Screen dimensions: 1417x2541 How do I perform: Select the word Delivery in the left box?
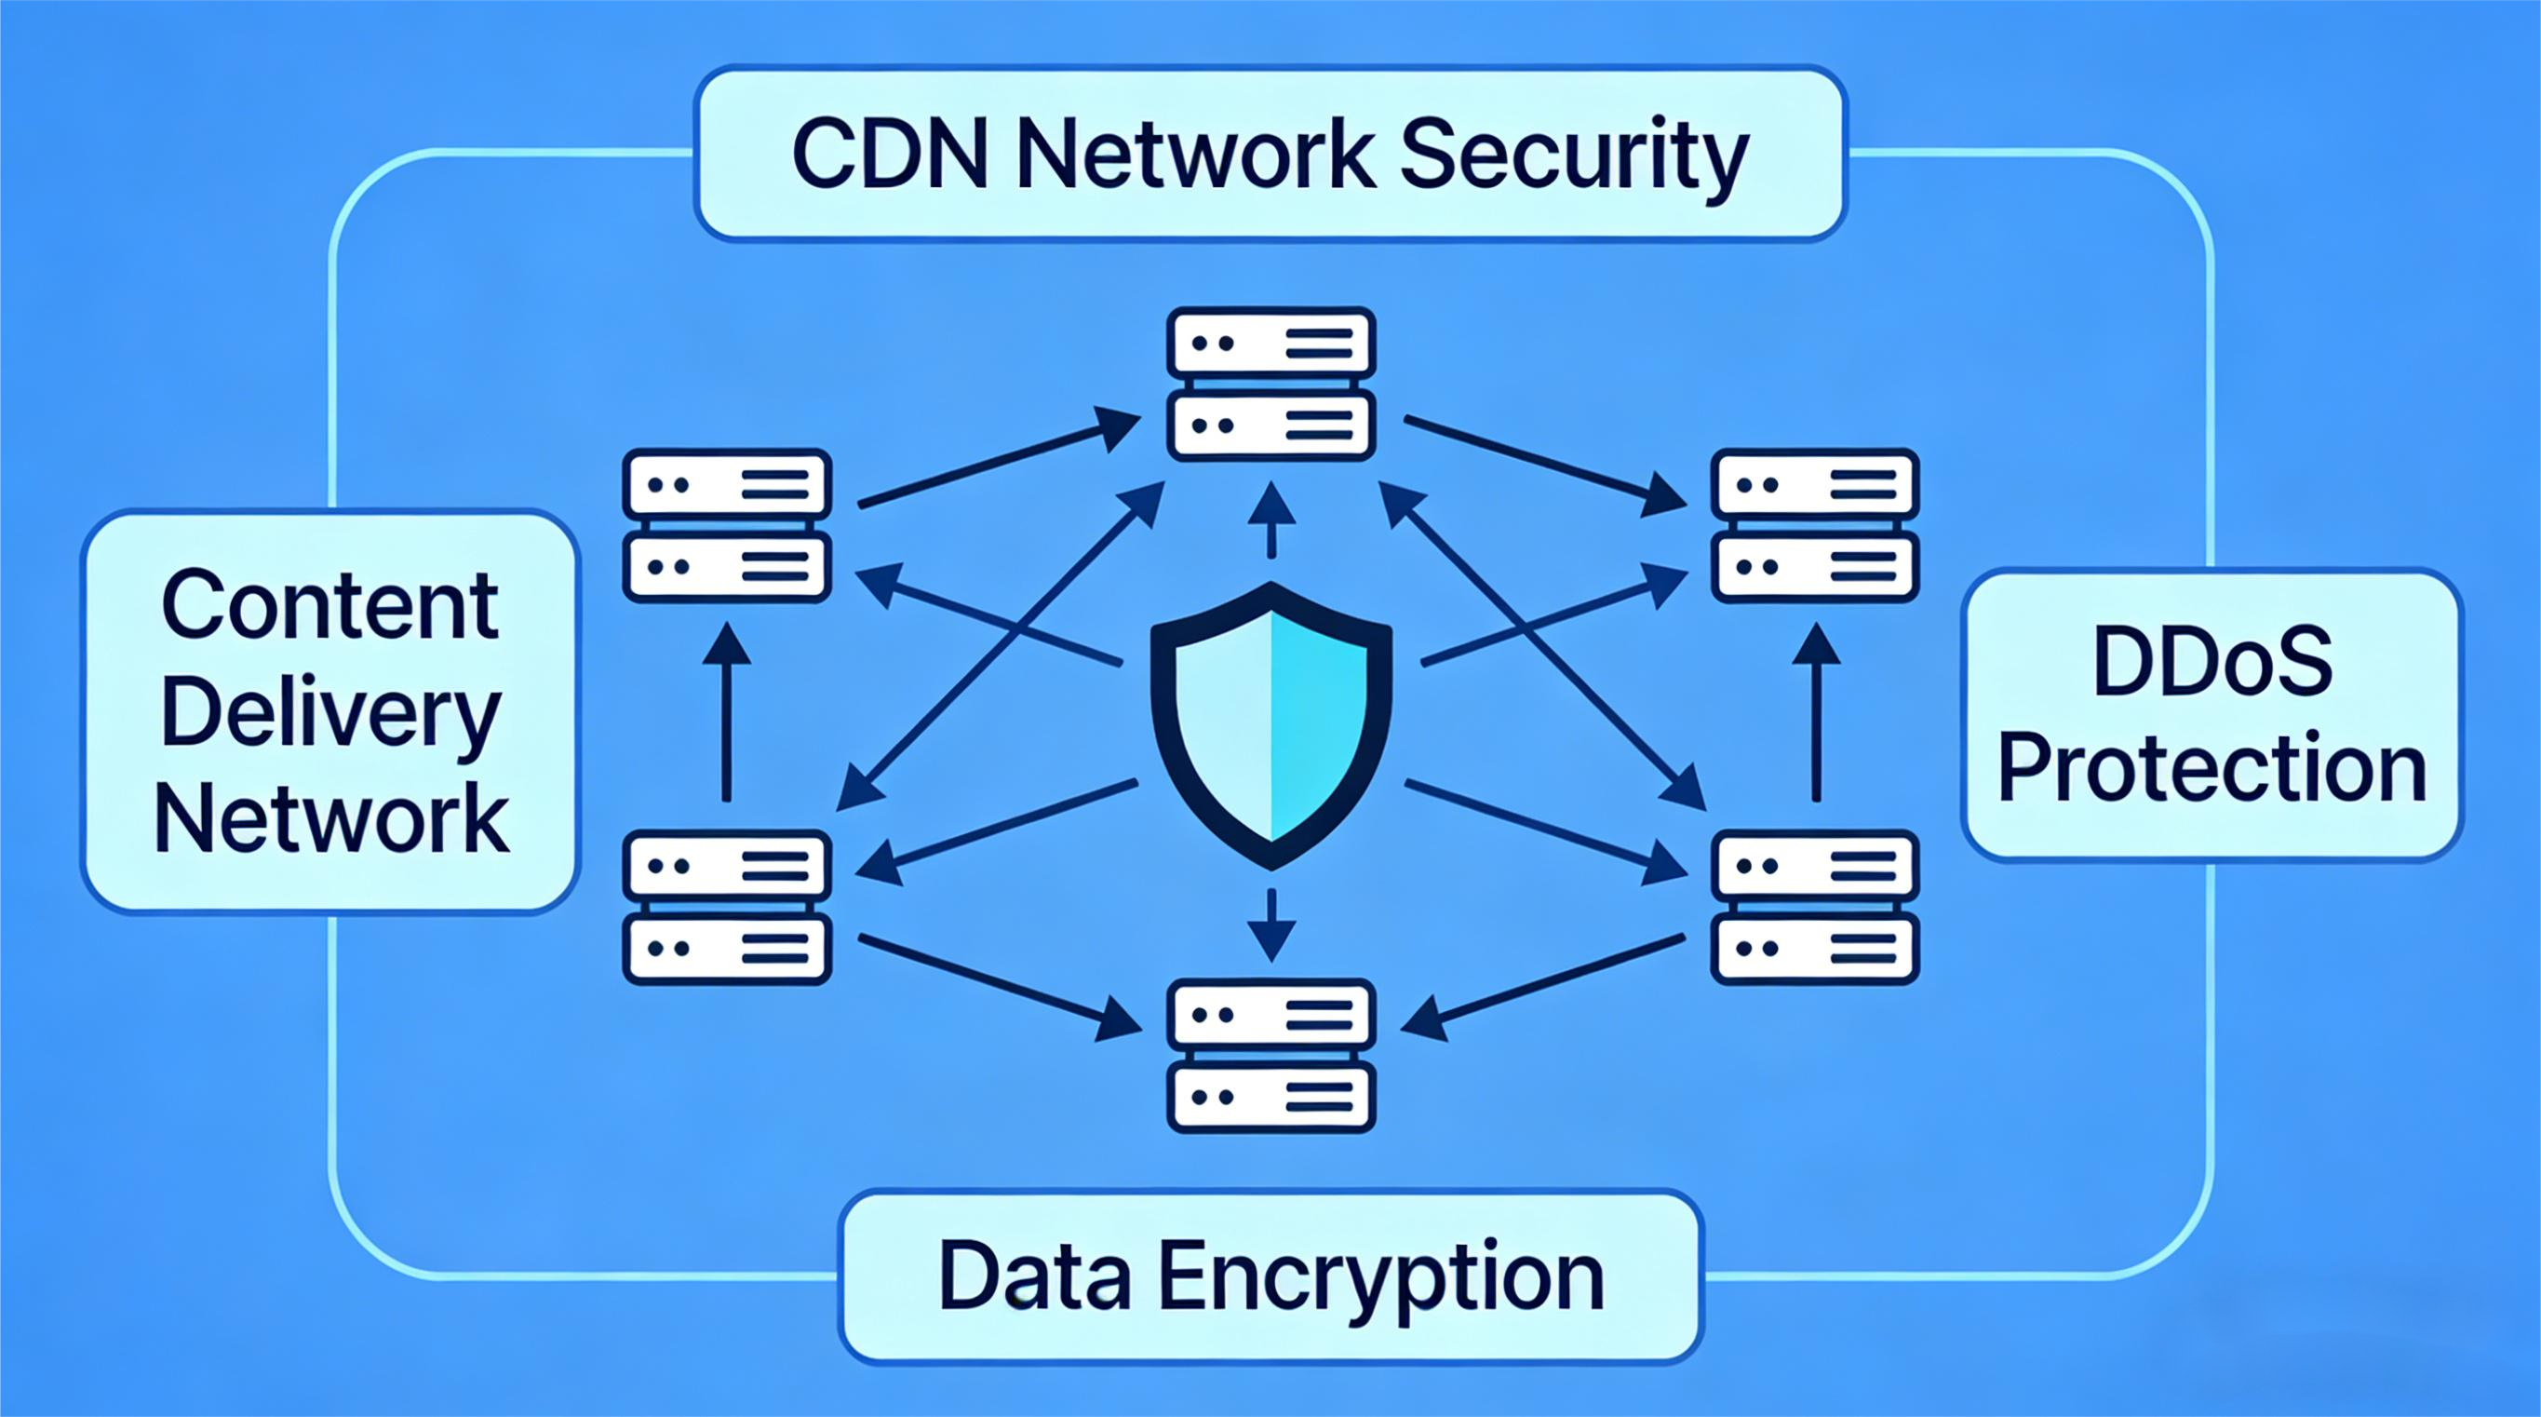coord(330,715)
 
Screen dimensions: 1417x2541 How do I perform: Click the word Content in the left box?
coord(330,605)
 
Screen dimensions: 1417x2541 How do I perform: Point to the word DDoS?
coord(2212,662)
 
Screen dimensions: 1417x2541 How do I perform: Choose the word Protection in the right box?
coord(2212,770)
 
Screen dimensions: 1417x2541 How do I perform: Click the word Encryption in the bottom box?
coord(1381,1278)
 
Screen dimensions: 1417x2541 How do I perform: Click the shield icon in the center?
coord(1271,725)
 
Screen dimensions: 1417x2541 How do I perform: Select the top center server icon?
coord(1271,385)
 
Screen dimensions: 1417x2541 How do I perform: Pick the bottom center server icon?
coord(1271,1055)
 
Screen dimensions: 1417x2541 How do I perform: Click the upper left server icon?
coord(727,526)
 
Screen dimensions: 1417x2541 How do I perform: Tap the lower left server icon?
coord(727,908)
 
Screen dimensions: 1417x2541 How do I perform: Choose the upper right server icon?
coord(1815,526)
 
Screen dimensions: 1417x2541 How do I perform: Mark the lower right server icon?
coord(1815,908)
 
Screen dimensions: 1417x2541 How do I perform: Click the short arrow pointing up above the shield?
coord(1271,520)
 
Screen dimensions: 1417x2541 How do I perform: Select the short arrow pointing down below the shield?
coord(1271,924)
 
